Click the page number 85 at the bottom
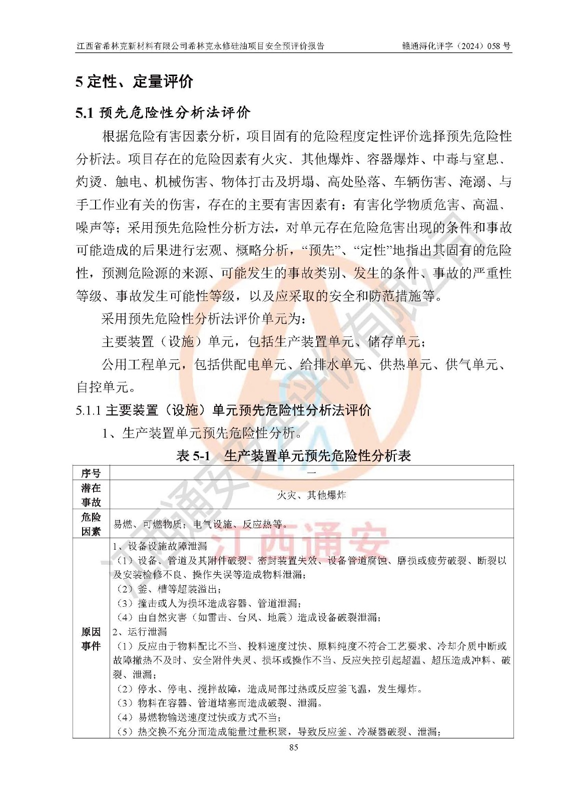[x=294, y=747]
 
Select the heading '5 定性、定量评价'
[x=134, y=82]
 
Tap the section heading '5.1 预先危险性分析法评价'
[x=163, y=113]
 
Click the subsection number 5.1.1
[x=89, y=411]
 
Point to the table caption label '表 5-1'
[x=193, y=456]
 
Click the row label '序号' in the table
[x=91, y=473]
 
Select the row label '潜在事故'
[x=91, y=495]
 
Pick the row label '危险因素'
[x=91, y=524]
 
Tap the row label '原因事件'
[x=91, y=639]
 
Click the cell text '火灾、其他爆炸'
[x=311, y=495]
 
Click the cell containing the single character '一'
[x=311, y=473]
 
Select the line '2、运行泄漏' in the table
[x=140, y=631]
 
